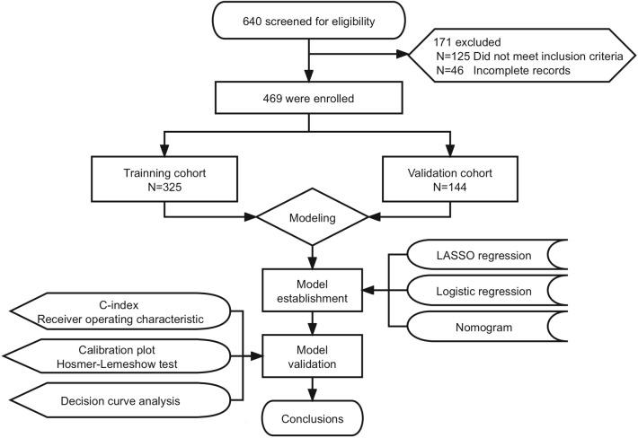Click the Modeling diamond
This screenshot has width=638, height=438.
(312, 216)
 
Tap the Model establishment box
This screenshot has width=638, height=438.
(312, 291)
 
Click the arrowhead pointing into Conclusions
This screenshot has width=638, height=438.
(312, 392)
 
